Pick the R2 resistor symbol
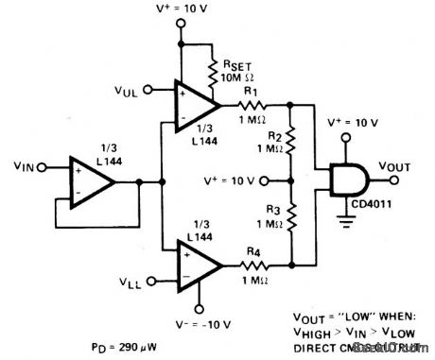(x=291, y=145)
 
